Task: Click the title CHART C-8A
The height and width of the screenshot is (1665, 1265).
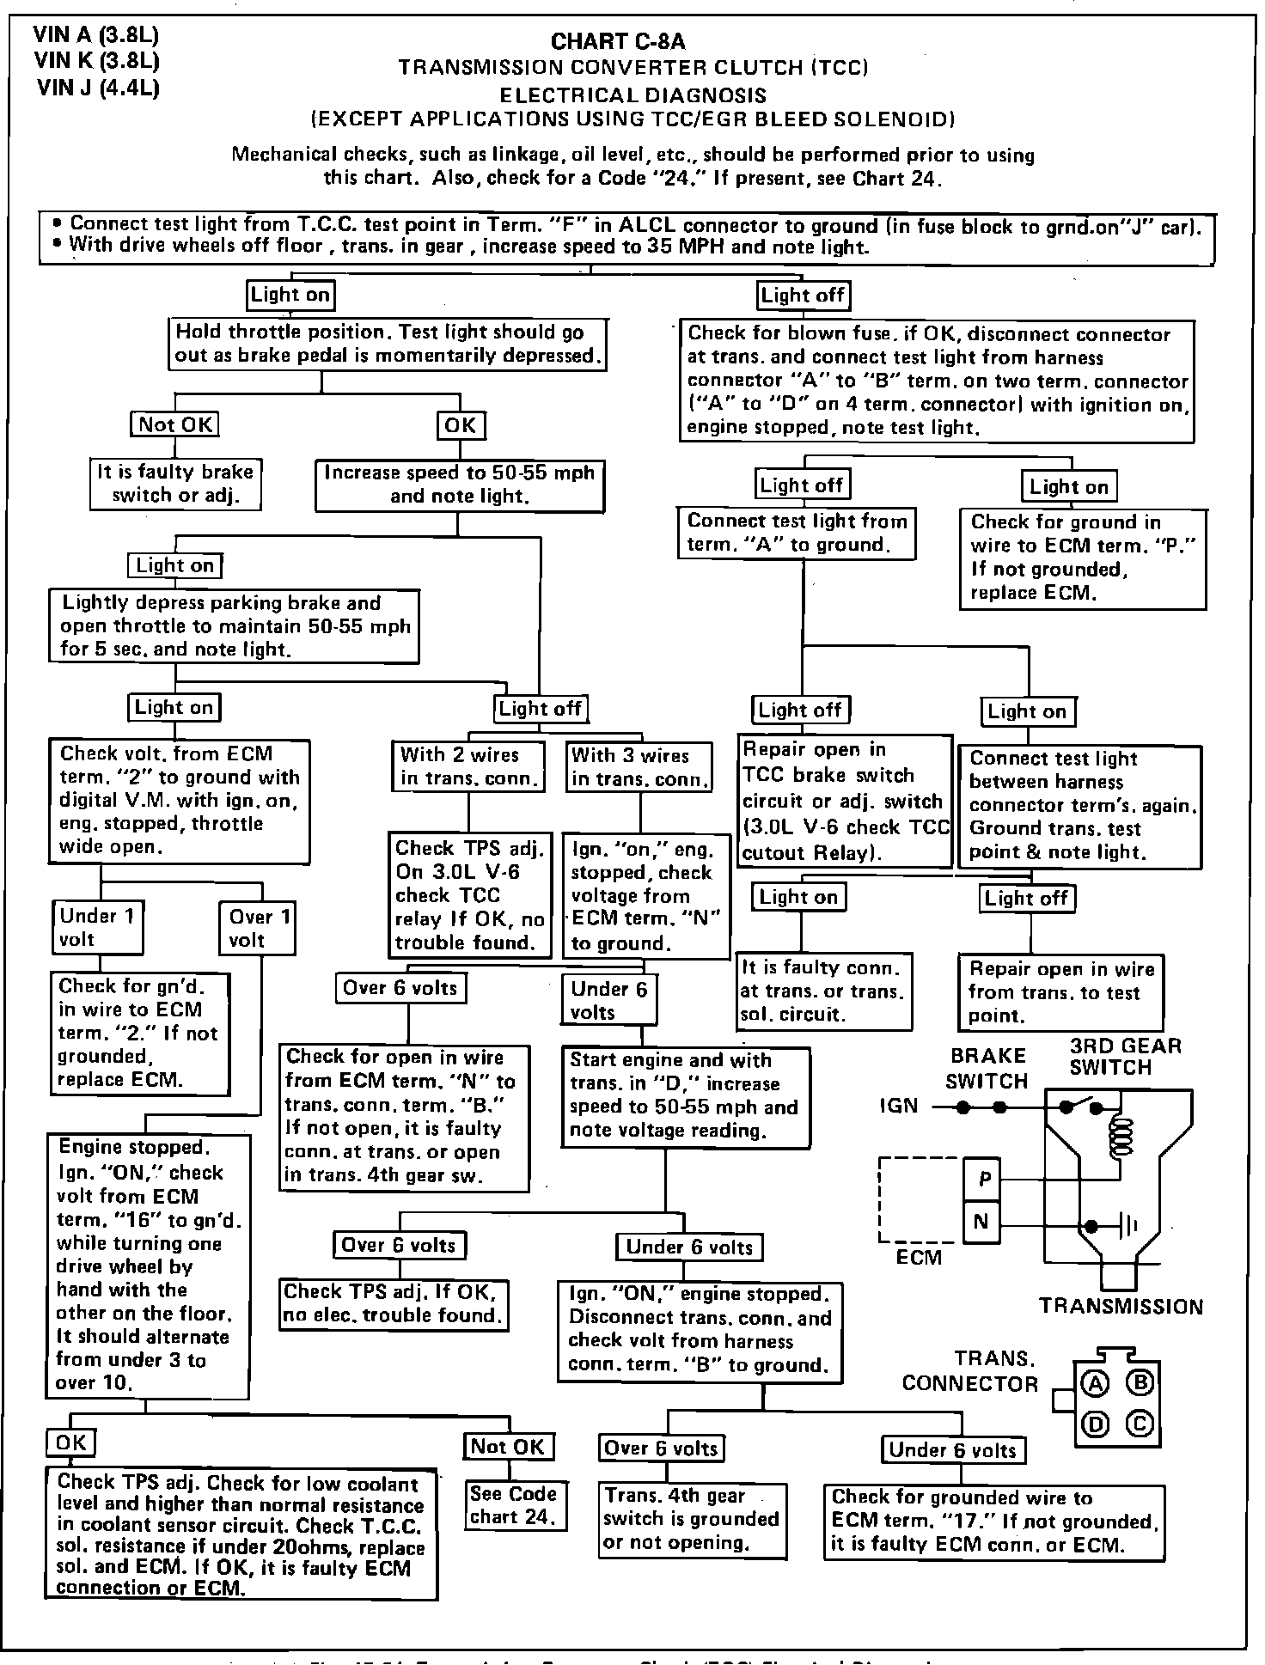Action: click(618, 41)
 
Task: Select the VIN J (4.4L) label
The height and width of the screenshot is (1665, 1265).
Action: click(97, 88)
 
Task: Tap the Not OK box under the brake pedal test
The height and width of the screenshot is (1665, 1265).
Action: click(174, 424)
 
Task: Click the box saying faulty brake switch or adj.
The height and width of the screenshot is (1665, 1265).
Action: click(175, 484)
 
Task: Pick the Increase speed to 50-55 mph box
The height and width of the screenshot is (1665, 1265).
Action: click(458, 485)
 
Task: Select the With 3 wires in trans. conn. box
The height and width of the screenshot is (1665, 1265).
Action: click(640, 767)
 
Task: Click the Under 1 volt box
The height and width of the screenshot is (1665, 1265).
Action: click(97, 928)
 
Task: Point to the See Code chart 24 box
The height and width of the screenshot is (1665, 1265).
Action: click(514, 1505)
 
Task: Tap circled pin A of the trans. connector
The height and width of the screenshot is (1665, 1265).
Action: click(1095, 1383)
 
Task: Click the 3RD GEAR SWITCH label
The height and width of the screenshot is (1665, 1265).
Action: click(1125, 1057)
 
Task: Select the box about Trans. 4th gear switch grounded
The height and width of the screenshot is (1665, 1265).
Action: click(692, 1519)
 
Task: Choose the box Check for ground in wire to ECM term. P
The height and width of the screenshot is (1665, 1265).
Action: click(1083, 558)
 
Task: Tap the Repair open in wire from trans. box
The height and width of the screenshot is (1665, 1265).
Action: click(1060, 992)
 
